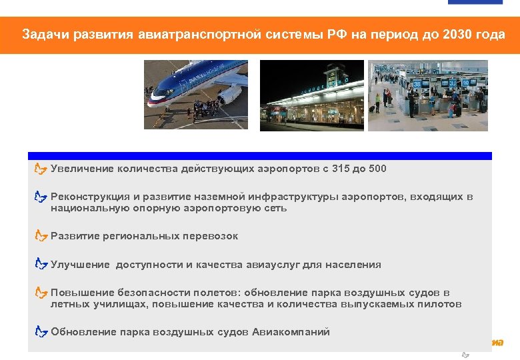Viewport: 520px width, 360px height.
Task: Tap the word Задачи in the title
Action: pos(42,34)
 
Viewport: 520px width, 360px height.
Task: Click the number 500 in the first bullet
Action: pos(377,169)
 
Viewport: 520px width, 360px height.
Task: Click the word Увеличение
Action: pos(83,169)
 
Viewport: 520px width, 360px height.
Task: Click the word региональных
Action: pos(133,237)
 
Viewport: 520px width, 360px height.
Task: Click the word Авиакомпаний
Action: pos(291,332)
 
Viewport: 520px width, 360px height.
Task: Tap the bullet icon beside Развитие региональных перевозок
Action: pos(41,236)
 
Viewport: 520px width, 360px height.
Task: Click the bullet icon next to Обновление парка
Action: pos(41,331)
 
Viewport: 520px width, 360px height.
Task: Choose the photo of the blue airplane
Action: pos(196,95)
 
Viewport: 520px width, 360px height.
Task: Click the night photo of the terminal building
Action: pos(311,95)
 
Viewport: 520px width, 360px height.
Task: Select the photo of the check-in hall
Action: pos(428,95)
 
